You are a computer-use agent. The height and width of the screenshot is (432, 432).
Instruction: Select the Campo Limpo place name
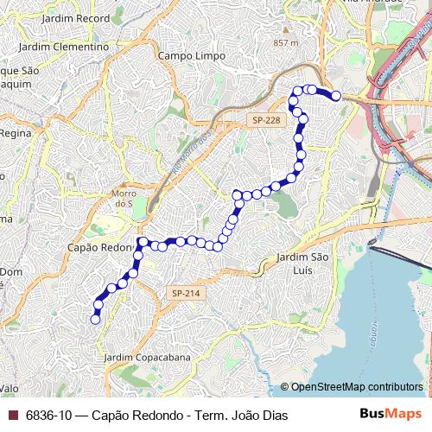[192, 56]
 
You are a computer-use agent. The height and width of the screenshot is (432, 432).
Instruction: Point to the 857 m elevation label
[285, 42]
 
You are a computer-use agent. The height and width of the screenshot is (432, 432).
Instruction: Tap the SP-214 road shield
[185, 294]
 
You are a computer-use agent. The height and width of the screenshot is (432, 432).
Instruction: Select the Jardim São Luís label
[303, 264]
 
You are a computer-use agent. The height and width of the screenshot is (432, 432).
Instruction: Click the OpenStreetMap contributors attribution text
[357, 387]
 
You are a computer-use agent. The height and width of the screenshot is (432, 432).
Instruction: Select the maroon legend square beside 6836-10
[12, 415]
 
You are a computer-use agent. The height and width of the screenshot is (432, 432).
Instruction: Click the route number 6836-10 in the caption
[48, 415]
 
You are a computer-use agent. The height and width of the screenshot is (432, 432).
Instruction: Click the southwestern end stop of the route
[95, 320]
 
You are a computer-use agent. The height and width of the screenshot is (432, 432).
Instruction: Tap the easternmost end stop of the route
[336, 97]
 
